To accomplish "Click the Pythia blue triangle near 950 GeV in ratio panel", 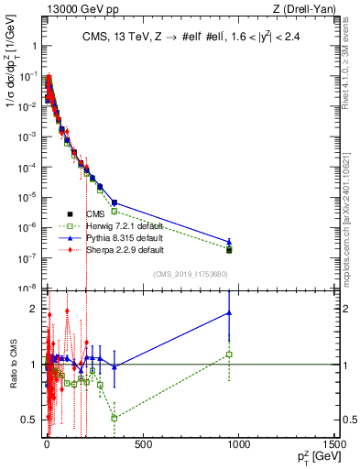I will point(229,313).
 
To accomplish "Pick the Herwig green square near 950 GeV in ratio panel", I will point(229,354).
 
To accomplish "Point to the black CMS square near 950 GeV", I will point(229,249).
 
